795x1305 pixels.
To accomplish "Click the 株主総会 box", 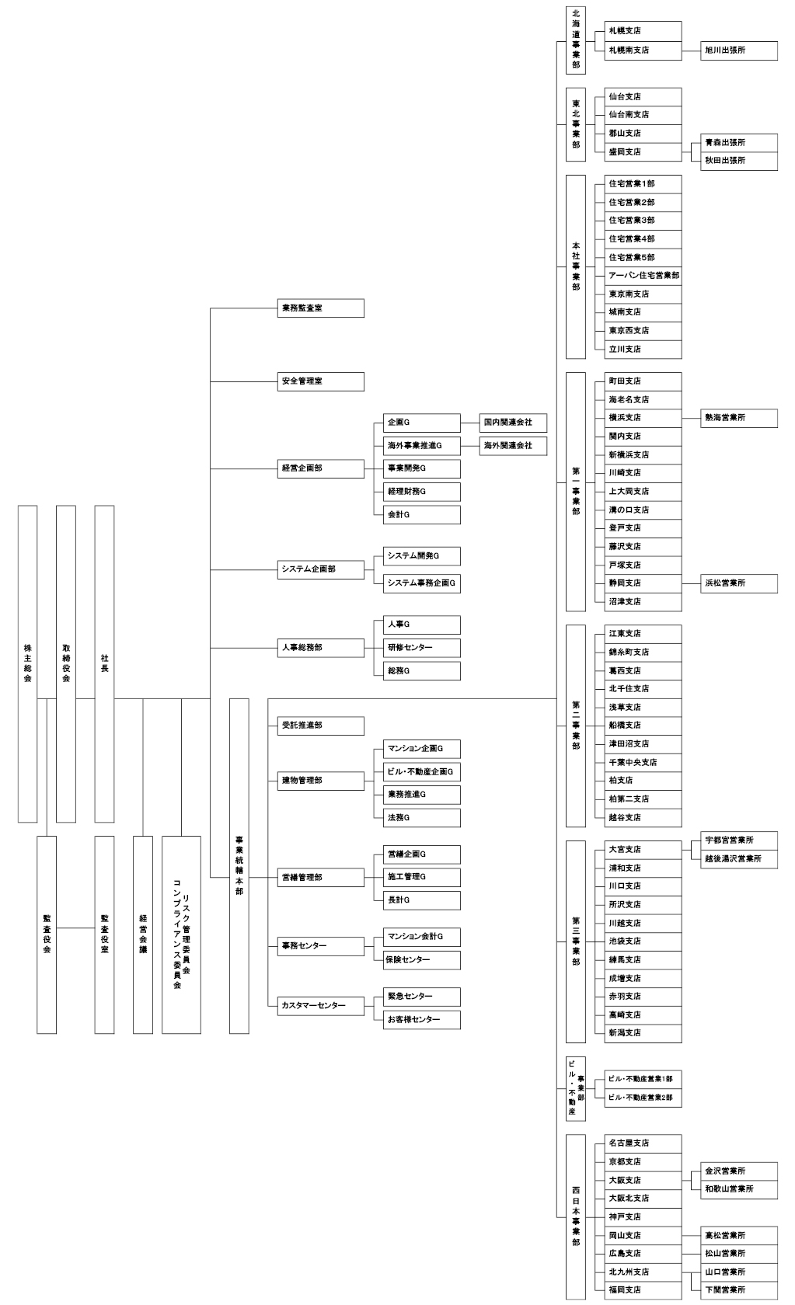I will pos(27,663).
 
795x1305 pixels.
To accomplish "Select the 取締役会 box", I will pos(66,663).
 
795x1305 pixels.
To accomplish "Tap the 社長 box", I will pos(104,663).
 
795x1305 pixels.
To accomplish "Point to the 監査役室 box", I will pos(104,934).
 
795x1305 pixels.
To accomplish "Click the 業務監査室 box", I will pos(320,308).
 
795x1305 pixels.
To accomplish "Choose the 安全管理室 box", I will pos(320,381).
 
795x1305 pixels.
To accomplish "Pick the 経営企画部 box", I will pos(320,468).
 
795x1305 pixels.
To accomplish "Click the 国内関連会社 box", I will pos(513,423).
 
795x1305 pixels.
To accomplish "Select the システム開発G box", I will pos(422,556).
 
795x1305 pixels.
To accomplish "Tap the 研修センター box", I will pos(422,648).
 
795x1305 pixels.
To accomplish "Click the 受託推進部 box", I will pos(320,726).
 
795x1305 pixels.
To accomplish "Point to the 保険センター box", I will pos(422,960).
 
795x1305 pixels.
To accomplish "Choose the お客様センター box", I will pos(422,1020).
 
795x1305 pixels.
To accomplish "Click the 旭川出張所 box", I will pos(738,50).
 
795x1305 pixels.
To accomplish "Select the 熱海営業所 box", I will pos(738,418).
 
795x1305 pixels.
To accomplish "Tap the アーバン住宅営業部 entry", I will pos(643,276).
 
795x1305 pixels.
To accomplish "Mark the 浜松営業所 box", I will pos(738,583).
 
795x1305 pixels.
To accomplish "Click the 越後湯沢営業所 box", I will pos(738,859).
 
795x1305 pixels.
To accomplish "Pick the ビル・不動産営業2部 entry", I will pos(643,1098).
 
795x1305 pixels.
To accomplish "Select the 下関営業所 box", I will pos(738,1290).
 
